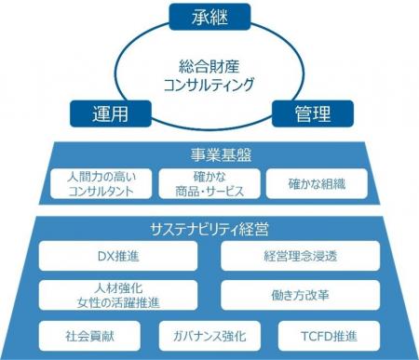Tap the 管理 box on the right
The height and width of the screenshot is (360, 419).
316,113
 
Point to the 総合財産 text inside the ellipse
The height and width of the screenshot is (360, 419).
209,67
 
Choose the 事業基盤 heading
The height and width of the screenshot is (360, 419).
209,154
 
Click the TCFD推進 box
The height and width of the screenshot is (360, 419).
329,334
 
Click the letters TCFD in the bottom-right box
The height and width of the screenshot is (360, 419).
316,334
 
